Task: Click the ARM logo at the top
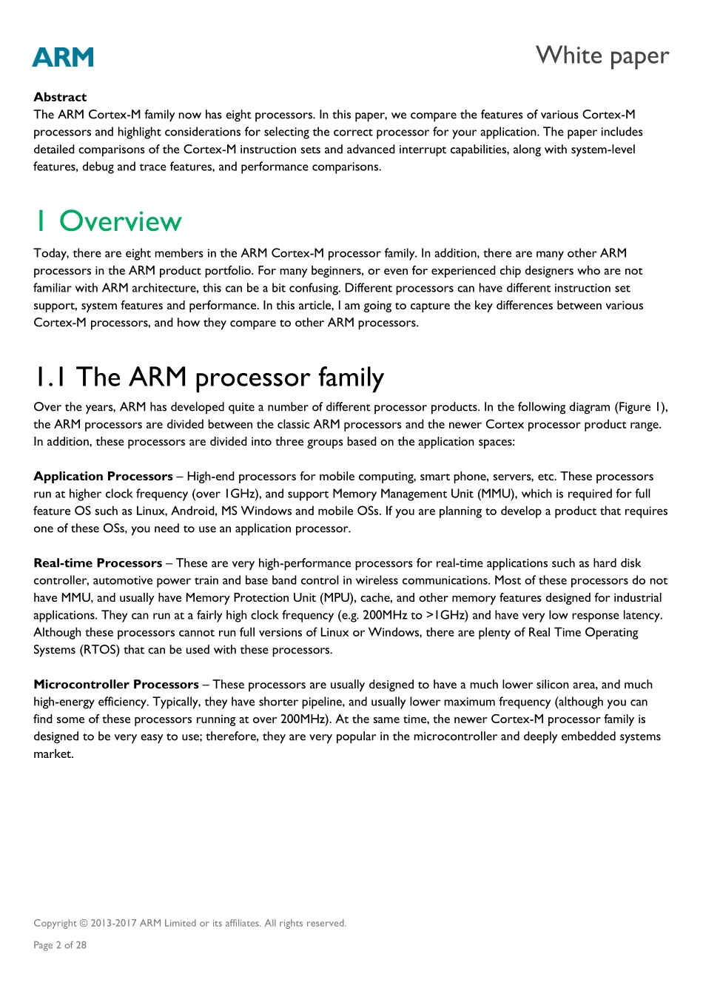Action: coord(63,57)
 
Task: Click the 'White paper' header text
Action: coord(602,56)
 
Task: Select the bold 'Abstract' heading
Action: coord(60,97)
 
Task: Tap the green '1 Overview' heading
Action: coord(108,221)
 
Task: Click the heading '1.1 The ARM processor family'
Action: coord(209,377)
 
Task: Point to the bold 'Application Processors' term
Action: coord(103,477)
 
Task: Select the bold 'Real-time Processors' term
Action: coord(98,563)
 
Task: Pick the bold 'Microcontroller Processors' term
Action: coord(116,685)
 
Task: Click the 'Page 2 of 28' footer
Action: coord(60,945)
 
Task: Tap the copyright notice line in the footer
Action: coord(189,923)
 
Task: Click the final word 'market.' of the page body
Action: coord(53,754)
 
